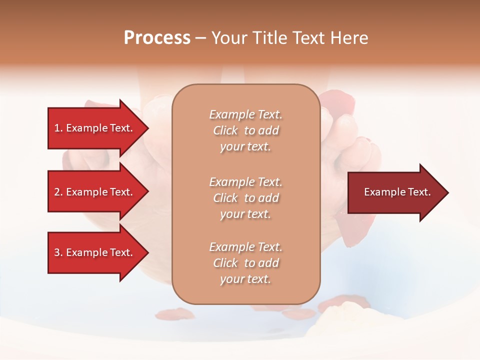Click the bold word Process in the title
[157, 38]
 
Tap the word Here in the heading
[349, 38]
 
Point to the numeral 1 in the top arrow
[57, 128]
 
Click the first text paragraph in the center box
[245, 130]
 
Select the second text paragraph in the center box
[245, 198]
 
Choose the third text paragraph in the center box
[245, 263]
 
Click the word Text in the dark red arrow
[419, 192]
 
